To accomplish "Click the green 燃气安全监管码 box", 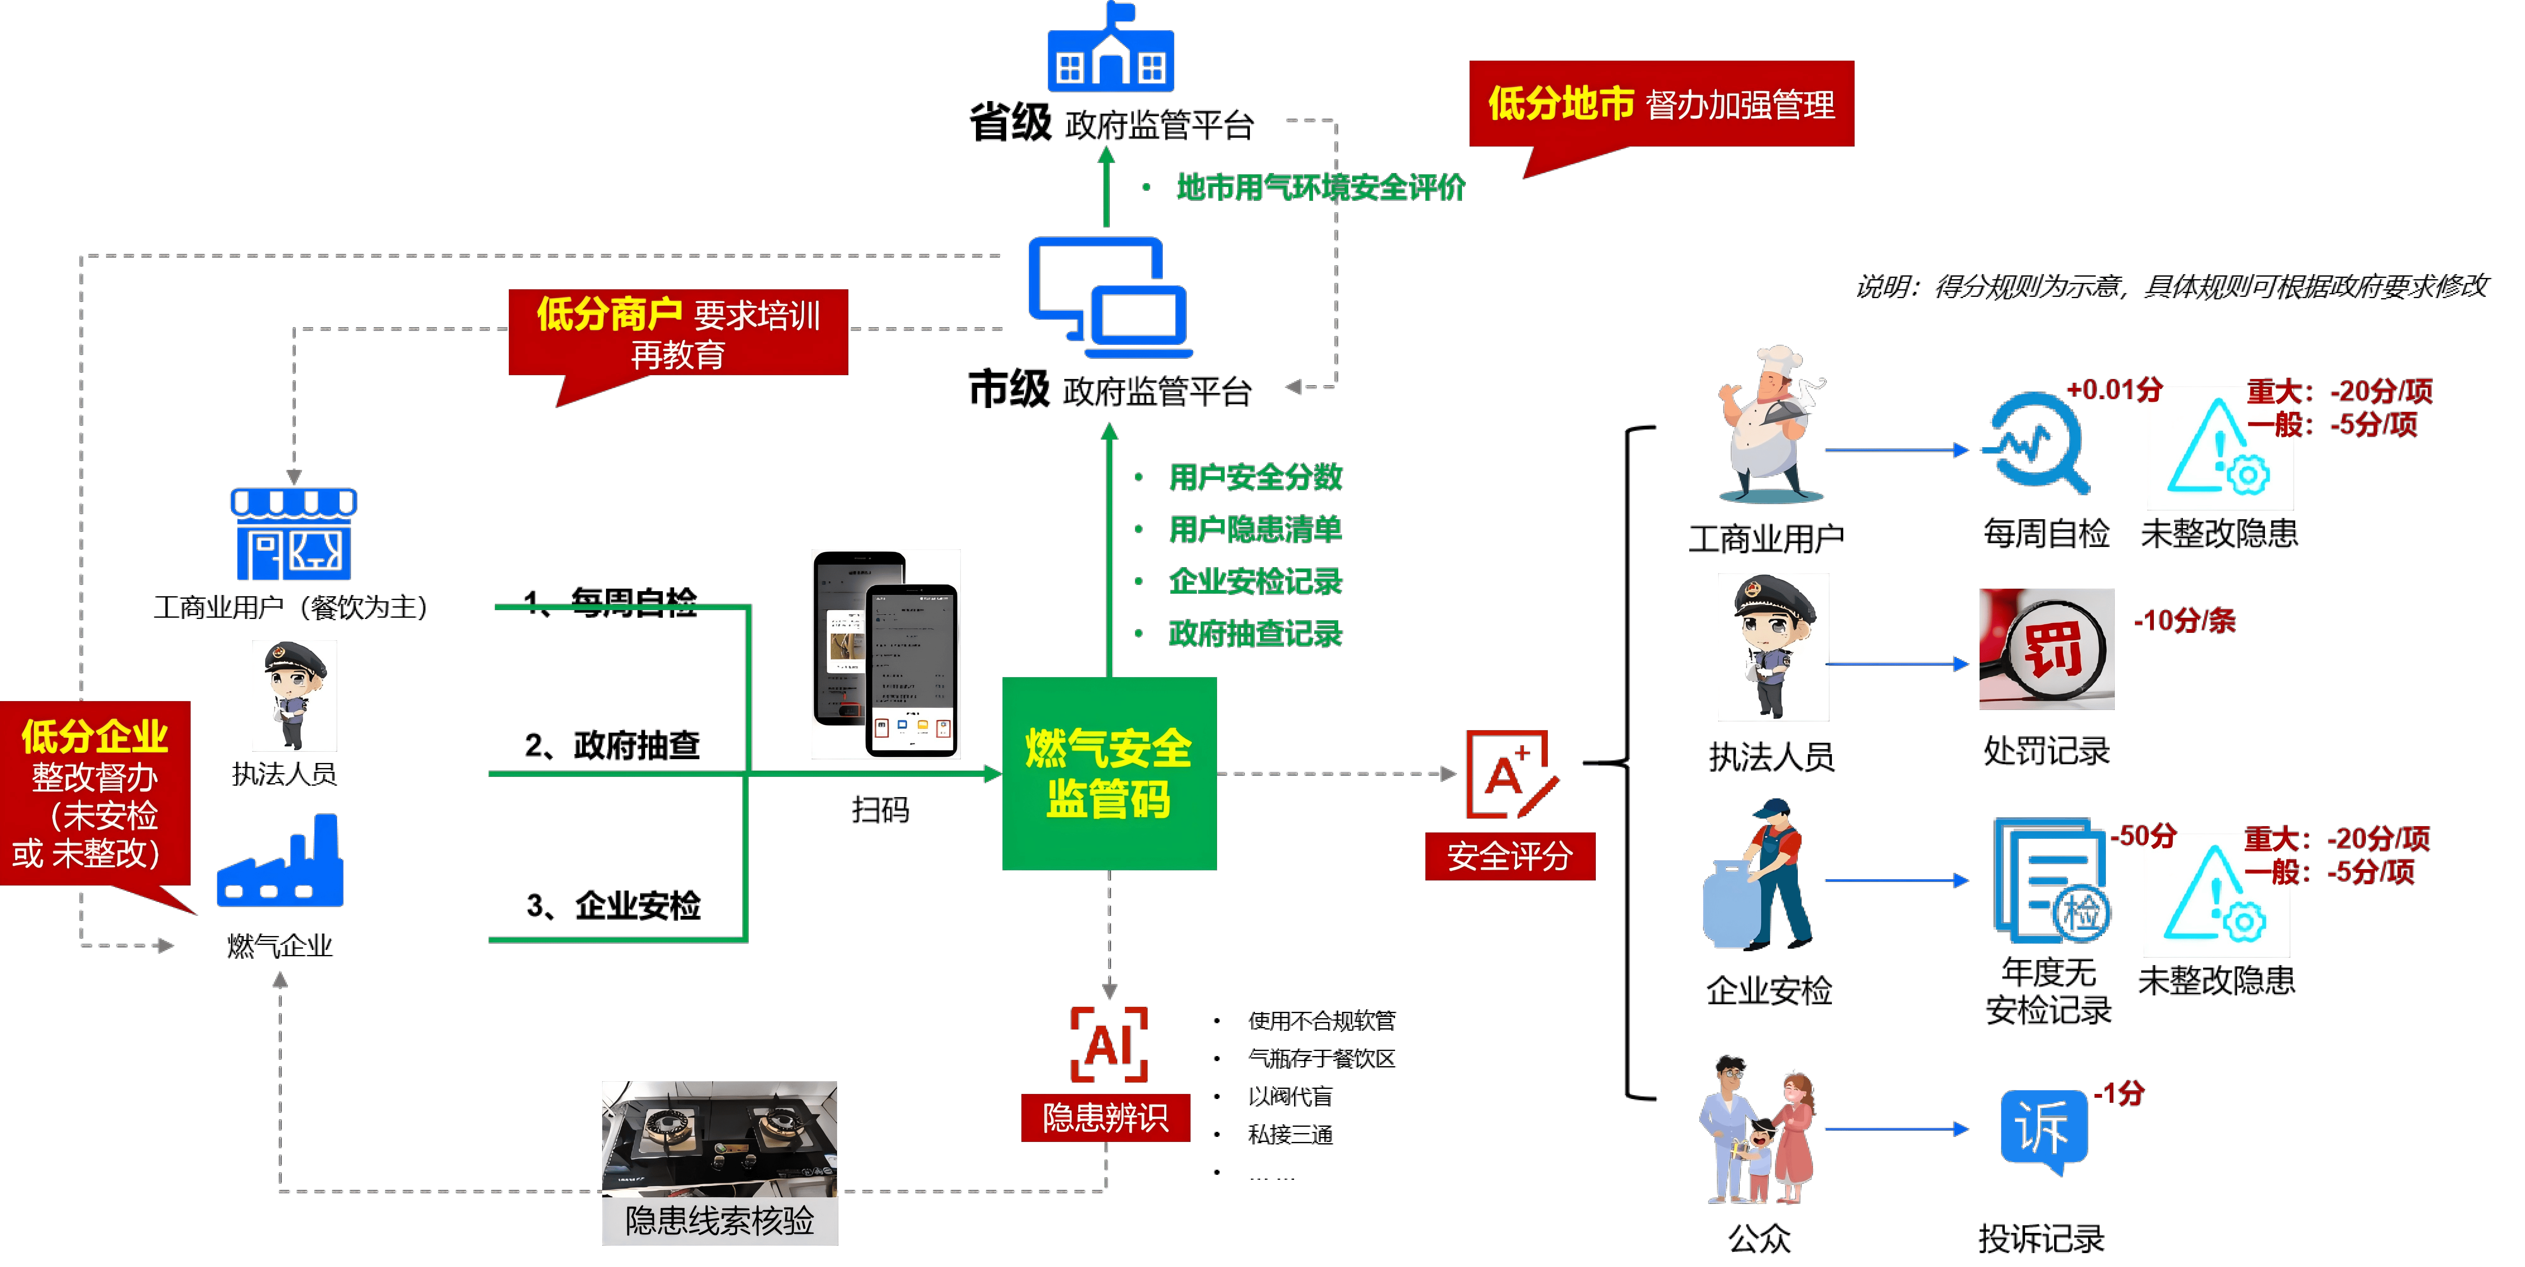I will (x=1108, y=773).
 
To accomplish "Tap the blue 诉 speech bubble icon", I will (x=2044, y=1130).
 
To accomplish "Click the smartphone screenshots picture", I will (x=885, y=654).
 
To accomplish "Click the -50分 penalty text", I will (x=2143, y=837).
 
